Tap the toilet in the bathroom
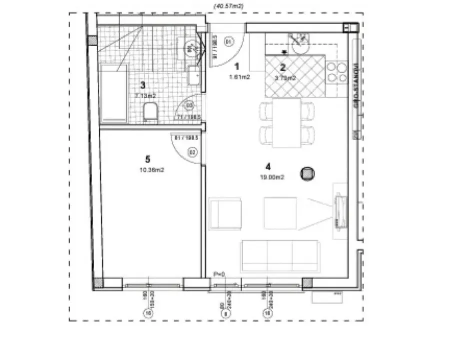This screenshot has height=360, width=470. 150,111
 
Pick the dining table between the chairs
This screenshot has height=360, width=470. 287,122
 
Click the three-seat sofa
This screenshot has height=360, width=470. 280,255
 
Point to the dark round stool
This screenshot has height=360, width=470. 308,173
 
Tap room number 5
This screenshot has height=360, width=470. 147,159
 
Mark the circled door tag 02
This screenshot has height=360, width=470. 191,152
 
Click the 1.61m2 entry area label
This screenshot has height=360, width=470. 239,77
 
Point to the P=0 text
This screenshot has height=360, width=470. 219,274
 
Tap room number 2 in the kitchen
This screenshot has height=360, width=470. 282,68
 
